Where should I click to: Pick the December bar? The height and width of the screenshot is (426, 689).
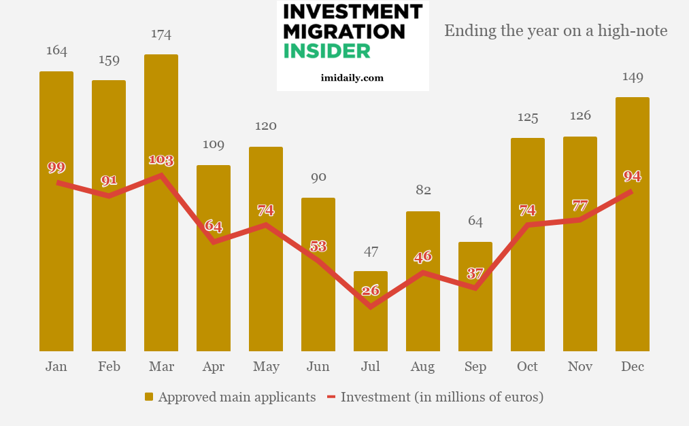(633, 272)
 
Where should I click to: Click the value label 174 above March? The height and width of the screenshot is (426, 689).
(161, 34)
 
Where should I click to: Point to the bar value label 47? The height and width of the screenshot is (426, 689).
(371, 251)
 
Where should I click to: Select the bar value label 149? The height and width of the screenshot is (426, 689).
(633, 77)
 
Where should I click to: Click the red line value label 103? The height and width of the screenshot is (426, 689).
(161, 160)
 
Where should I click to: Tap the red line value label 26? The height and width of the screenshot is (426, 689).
(371, 291)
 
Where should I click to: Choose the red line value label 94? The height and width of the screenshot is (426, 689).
(633, 176)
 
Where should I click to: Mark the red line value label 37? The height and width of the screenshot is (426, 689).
(475, 273)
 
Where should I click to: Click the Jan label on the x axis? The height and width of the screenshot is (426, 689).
(56, 367)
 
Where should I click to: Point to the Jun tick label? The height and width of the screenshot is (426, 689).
(318, 367)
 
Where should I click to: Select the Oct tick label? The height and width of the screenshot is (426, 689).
(528, 367)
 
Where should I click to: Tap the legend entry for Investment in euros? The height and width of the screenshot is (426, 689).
(435, 397)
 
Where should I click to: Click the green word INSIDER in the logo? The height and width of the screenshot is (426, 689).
(326, 51)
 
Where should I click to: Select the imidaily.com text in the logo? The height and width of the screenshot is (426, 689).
(352, 77)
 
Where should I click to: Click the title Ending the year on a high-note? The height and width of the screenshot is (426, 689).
(556, 31)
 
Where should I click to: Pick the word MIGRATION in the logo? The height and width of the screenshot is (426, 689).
(343, 31)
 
